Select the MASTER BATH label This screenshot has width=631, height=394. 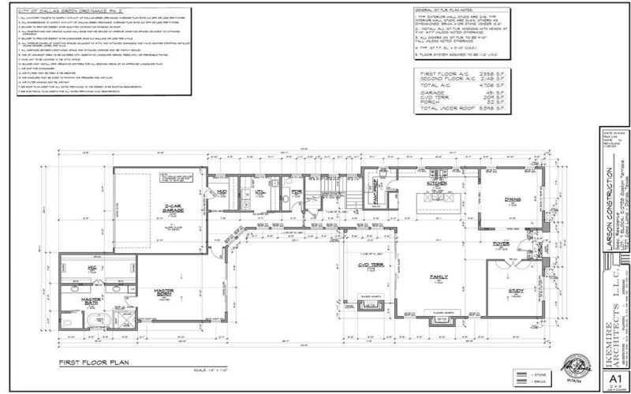[93, 301]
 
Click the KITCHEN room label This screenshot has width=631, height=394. [436, 182]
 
